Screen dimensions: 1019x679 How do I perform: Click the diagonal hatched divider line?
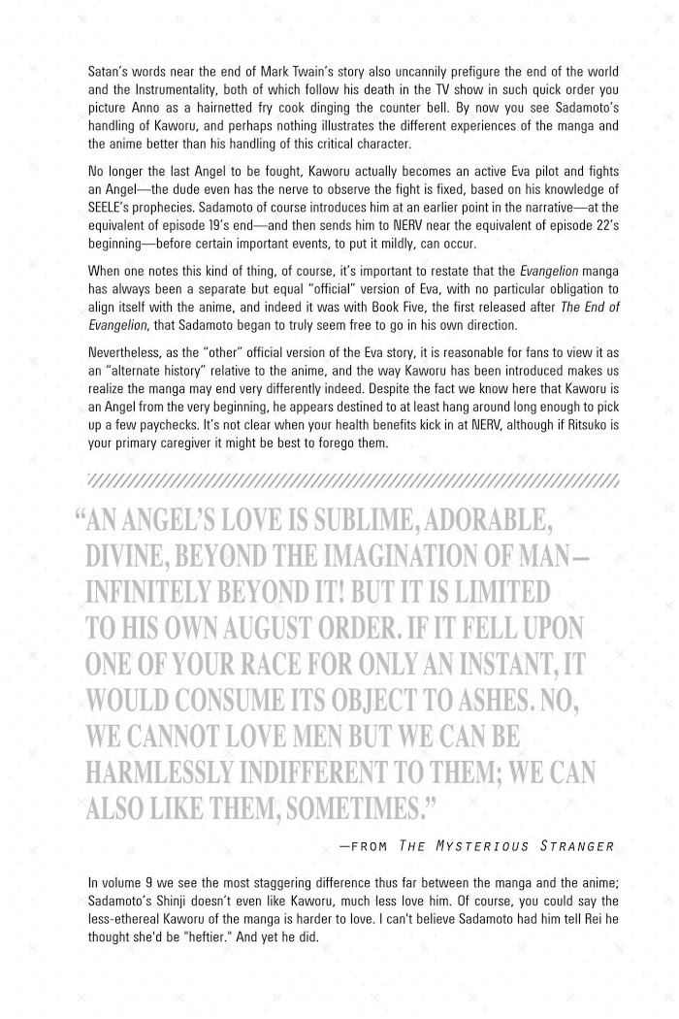[353, 479]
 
